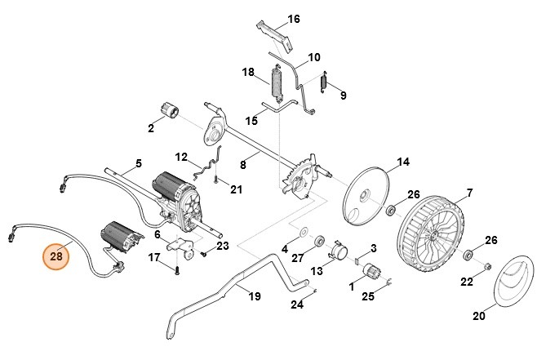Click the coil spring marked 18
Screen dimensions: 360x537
click(x=279, y=82)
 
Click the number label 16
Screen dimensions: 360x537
click(x=294, y=19)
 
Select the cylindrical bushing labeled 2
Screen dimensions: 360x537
click(x=171, y=110)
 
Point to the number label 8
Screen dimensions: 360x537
click(x=242, y=164)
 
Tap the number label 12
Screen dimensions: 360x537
click(x=181, y=156)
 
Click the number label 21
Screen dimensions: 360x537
click(x=236, y=190)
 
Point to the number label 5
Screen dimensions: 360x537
click(x=138, y=164)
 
